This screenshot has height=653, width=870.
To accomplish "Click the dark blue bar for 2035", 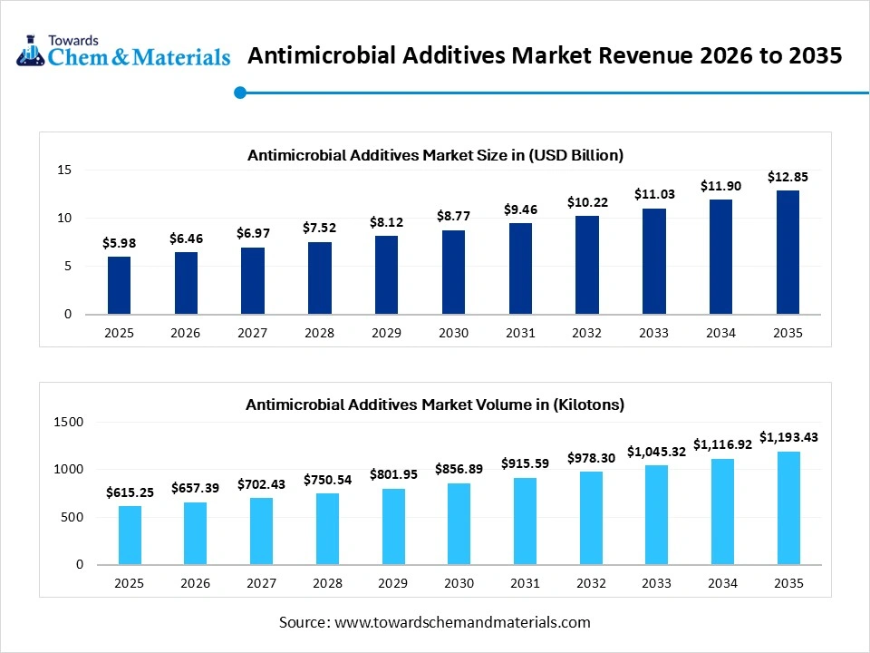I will (x=788, y=252).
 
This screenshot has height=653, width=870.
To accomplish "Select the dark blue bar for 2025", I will (x=119, y=286).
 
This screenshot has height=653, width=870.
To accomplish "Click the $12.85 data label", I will (x=788, y=177).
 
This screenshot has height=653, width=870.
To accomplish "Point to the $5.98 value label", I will (x=119, y=243).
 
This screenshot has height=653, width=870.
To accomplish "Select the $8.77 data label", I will (x=453, y=216).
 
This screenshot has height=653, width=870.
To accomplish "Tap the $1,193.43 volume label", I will (x=788, y=437).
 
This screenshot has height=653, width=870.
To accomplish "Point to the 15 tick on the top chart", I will (x=64, y=170).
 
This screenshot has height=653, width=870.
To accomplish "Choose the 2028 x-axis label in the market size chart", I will (x=319, y=333).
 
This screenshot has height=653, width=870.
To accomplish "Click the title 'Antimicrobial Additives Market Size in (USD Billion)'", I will (x=435, y=155).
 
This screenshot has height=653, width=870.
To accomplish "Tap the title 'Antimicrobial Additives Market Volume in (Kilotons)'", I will (x=435, y=404).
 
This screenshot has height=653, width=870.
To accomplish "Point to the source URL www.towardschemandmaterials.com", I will (x=462, y=622).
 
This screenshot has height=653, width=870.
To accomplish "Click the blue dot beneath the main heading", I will (x=240, y=92).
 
